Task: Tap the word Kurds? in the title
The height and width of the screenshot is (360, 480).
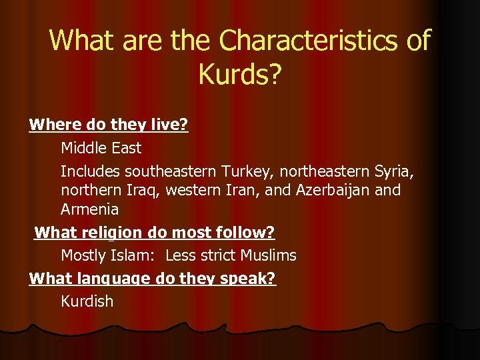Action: point(240,75)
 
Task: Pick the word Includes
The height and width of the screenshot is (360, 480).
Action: point(91,171)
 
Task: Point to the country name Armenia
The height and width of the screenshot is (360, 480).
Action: point(90,209)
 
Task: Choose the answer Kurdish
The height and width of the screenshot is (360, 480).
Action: point(87,301)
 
